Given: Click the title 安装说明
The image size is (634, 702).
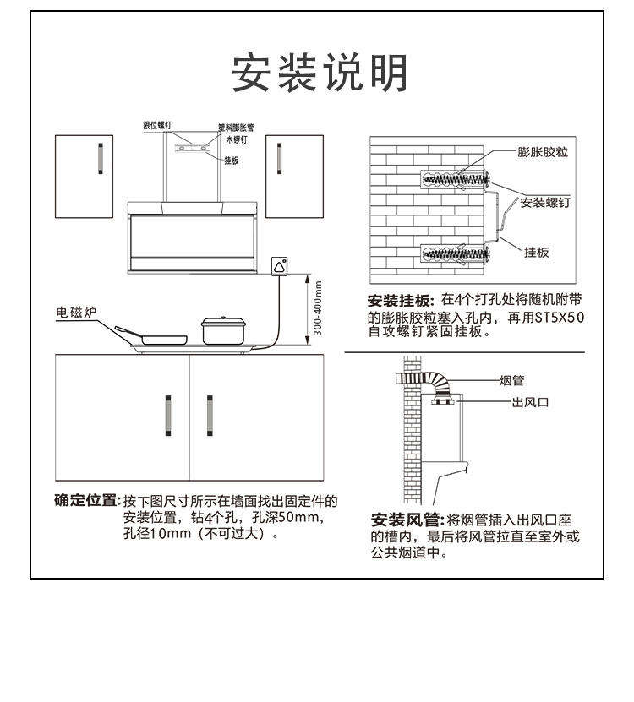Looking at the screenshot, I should click(x=320, y=73).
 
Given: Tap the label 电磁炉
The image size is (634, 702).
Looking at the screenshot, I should click(x=77, y=313).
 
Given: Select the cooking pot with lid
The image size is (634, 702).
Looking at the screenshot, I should click(x=223, y=329).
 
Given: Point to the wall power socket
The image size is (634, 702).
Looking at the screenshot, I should click(x=279, y=266).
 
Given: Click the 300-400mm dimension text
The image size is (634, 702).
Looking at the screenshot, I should click(x=319, y=309).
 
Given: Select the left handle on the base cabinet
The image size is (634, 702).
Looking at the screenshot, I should click(x=168, y=415).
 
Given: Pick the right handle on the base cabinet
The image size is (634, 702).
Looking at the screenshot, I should click(x=210, y=415).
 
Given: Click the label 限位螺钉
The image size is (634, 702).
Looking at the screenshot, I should click(x=157, y=125).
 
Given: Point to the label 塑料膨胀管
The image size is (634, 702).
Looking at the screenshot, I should click(x=236, y=128).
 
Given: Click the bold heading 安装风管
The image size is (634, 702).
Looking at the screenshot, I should click(x=407, y=519).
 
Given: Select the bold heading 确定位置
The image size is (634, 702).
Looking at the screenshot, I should click(x=86, y=500).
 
